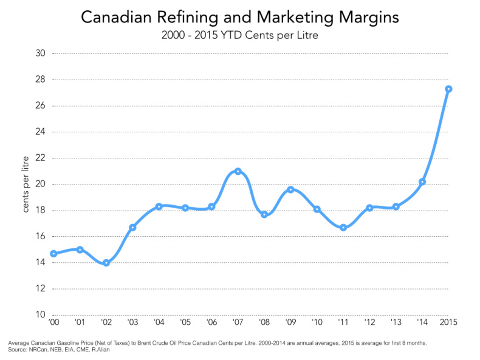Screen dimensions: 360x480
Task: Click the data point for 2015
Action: pos(448,89)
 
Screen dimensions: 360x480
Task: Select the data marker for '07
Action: pos(238,171)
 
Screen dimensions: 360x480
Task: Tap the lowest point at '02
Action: pos(106,263)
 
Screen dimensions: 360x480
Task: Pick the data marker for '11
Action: pos(343,228)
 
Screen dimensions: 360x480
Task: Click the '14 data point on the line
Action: pos(422,182)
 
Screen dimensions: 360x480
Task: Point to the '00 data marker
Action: pos(53,254)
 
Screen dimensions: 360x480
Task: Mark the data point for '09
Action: pos(290,189)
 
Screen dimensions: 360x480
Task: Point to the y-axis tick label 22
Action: pos(41,158)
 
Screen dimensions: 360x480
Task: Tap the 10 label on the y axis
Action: pos(41,314)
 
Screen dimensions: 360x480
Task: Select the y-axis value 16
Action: pos(41,236)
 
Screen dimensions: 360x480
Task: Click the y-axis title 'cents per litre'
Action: pos(26,185)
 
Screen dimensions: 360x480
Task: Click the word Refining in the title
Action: pos(176,17)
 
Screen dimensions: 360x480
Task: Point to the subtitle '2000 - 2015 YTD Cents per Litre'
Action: pos(240,35)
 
